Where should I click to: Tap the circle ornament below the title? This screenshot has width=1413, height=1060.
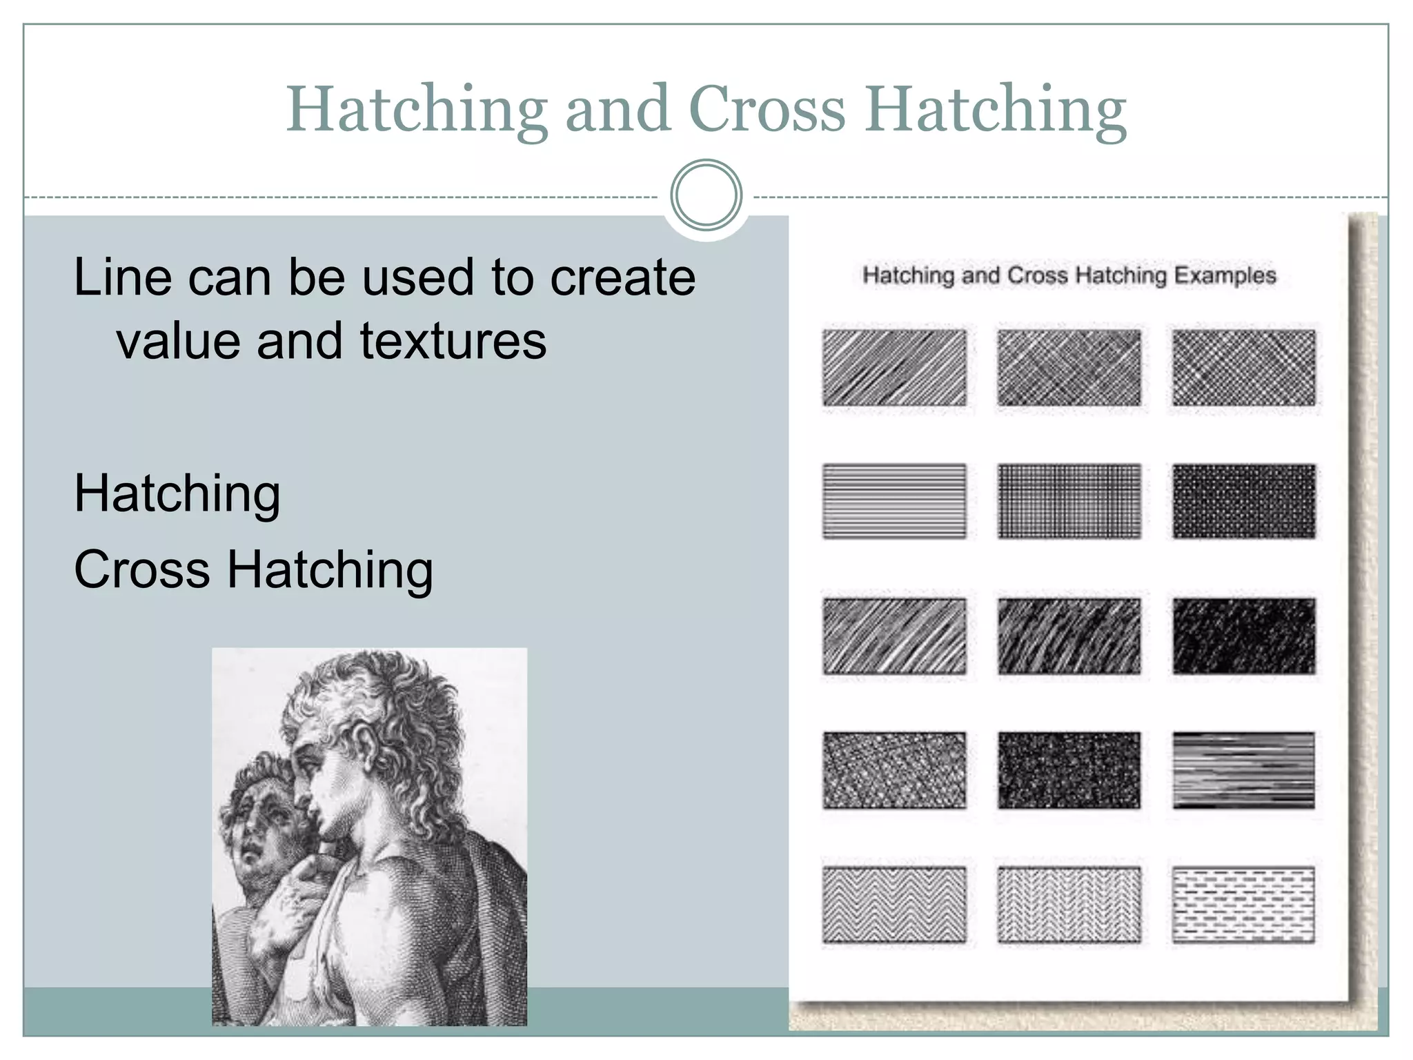pyautogui.click(x=706, y=195)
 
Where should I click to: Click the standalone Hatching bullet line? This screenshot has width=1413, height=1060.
pyautogui.click(x=177, y=495)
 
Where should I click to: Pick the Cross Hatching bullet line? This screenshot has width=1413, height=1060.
pyautogui.click(x=253, y=571)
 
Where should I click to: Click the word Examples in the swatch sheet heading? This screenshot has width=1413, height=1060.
pyautogui.click(x=1225, y=275)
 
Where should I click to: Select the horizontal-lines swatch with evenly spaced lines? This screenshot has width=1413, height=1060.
pyautogui.click(x=894, y=501)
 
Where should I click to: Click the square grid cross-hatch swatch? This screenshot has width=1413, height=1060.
pyautogui.click(x=1069, y=501)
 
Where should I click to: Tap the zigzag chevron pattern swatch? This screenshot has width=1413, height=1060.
pyautogui.click(x=894, y=904)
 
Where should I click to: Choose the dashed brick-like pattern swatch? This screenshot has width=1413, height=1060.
pyautogui.click(x=1243, y=904)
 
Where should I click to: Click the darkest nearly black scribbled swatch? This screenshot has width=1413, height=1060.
pyautogui.click(x=1243, y=636)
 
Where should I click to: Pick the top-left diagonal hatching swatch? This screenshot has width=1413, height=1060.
pyautogui.click(x=894, y=367)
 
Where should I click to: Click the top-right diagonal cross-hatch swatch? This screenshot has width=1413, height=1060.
pyautogui.click(x=1243, y=367)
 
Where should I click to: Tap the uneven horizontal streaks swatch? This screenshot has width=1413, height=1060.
pyautogui.click(x=1243, y=769)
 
